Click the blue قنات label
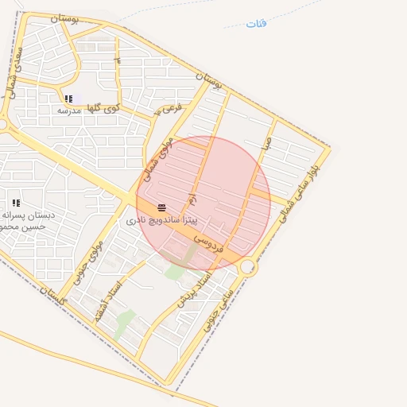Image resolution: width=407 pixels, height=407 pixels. pyautogui.click(x=256, y=23)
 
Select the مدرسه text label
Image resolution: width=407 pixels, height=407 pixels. pyautogui.click(x=68, y=110)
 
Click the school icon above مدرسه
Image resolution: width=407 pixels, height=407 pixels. pyautogui.click(x=68, y=99)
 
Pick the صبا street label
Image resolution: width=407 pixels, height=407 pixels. pyautogui.click(x=268, y=143)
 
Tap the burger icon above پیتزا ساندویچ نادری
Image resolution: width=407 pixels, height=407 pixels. pyautogui.click(x=161, y=205)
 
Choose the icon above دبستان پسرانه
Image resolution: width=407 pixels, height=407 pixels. pyautogui.click(x=16, y=203)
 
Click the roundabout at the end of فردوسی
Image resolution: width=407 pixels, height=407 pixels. pyautogui.click(x=249, y=268)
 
